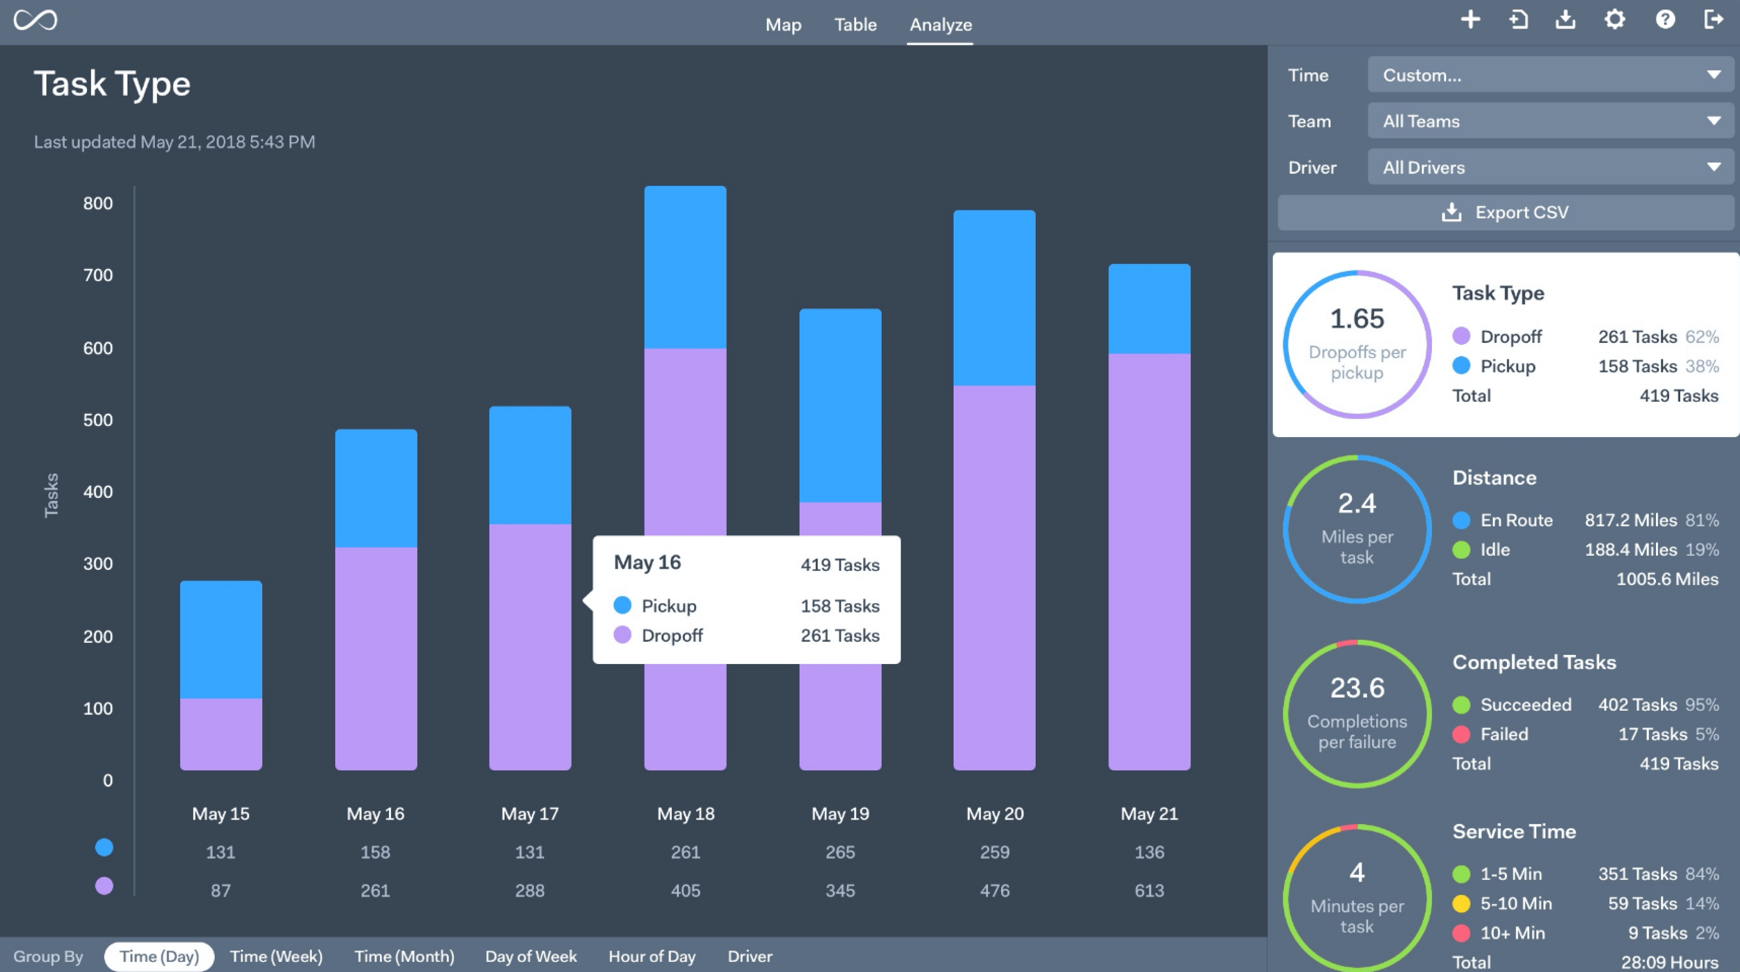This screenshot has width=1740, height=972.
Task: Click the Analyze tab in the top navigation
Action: pos(940,25)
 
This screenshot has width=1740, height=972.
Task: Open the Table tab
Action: pos(855,25)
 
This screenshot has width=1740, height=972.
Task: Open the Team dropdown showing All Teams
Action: pos(1550,121)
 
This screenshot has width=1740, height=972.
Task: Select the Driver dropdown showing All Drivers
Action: pos(1550,168)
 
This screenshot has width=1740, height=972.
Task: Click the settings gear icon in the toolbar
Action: pos(1614,19)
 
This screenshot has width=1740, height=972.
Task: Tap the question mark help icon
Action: pos(1665,19)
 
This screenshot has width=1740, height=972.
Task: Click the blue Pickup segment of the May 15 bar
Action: pos(221,639)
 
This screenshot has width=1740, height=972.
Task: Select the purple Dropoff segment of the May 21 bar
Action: pos(1149,561)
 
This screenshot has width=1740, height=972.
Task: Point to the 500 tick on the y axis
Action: pos(98,420)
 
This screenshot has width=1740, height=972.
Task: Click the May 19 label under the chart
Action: pos(839,814)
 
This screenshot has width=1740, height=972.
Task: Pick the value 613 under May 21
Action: pos(1149,891)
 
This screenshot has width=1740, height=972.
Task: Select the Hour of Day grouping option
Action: pos(652,956)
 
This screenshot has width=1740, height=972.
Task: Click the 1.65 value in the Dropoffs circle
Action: pos(1356,319)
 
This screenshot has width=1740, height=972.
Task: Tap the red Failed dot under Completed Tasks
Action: pos(1461,735)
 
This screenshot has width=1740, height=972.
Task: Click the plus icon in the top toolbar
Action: pos(1470,19)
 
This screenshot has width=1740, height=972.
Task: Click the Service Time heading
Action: pos(1514,832)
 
